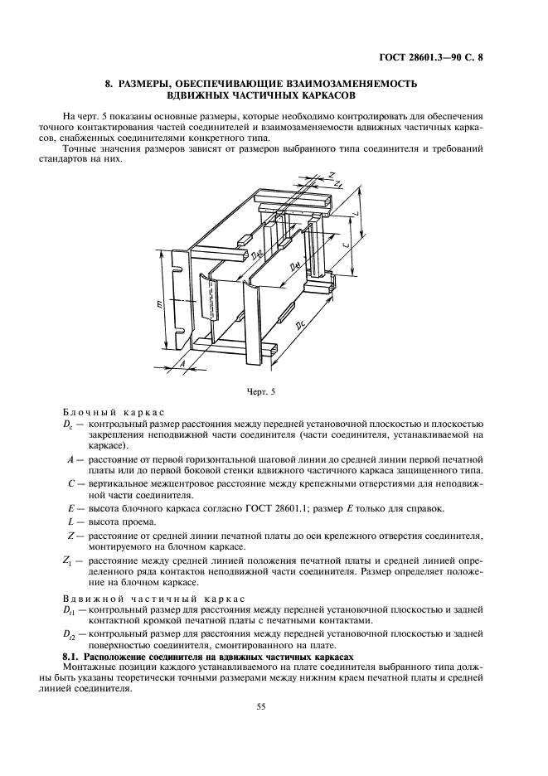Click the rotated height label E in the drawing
click(x=158, y=306)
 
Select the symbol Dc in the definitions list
click(x=67, y=424)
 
